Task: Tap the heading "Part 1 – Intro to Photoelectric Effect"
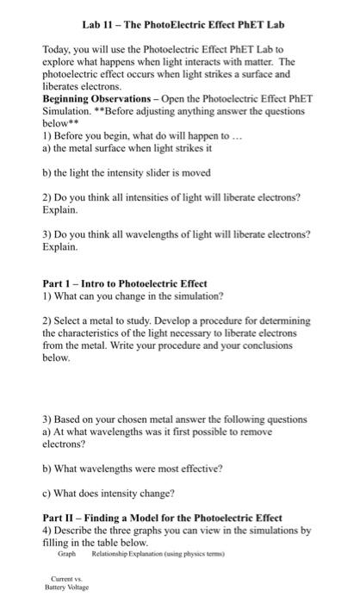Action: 125,283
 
